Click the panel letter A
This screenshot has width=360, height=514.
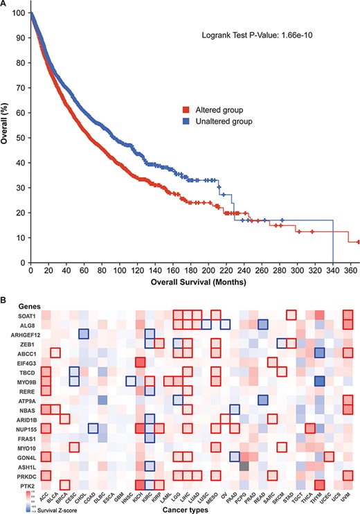(5, 5)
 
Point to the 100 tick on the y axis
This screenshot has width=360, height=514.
(21, 14)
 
